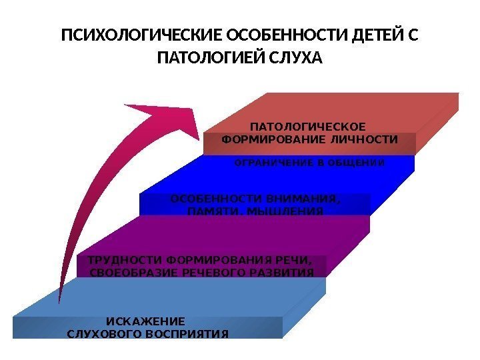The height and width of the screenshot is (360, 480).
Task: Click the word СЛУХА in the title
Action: [x=295, y=59]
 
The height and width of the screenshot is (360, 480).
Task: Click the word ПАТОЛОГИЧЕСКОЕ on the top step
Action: [x=308, y=127]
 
